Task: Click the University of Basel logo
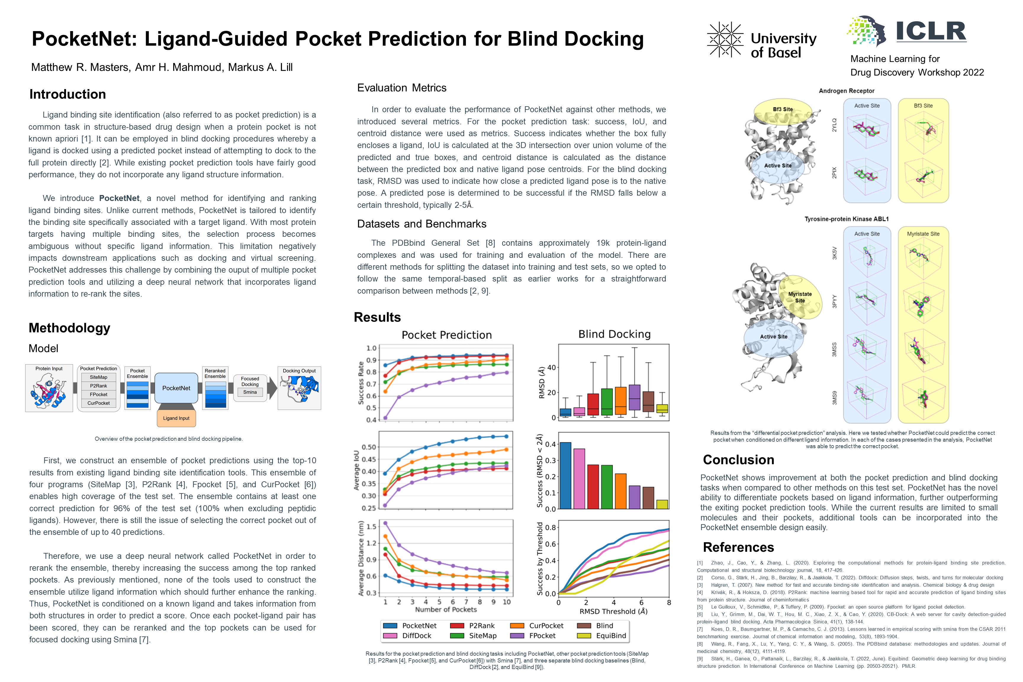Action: tap(762, 40)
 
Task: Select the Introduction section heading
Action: tap(67, 94)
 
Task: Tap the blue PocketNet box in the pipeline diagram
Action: tap(176, 388)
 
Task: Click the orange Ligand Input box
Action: tap(176, 418)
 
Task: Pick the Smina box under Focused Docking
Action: tap(250, 392)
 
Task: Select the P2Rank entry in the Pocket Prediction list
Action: tap(99, 386)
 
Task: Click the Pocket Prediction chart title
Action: tap(447, 335)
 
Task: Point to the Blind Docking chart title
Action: tap(614, 334)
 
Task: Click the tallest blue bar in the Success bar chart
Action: tap(565, 475)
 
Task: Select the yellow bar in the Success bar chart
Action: tap(662, 504)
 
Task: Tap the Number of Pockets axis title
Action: tap(446, 609)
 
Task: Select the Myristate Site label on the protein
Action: tap(800, 297)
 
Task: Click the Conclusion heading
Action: tap(739, 460)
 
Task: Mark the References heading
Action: tap(739, 547)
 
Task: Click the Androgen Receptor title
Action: tap(846, 91)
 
